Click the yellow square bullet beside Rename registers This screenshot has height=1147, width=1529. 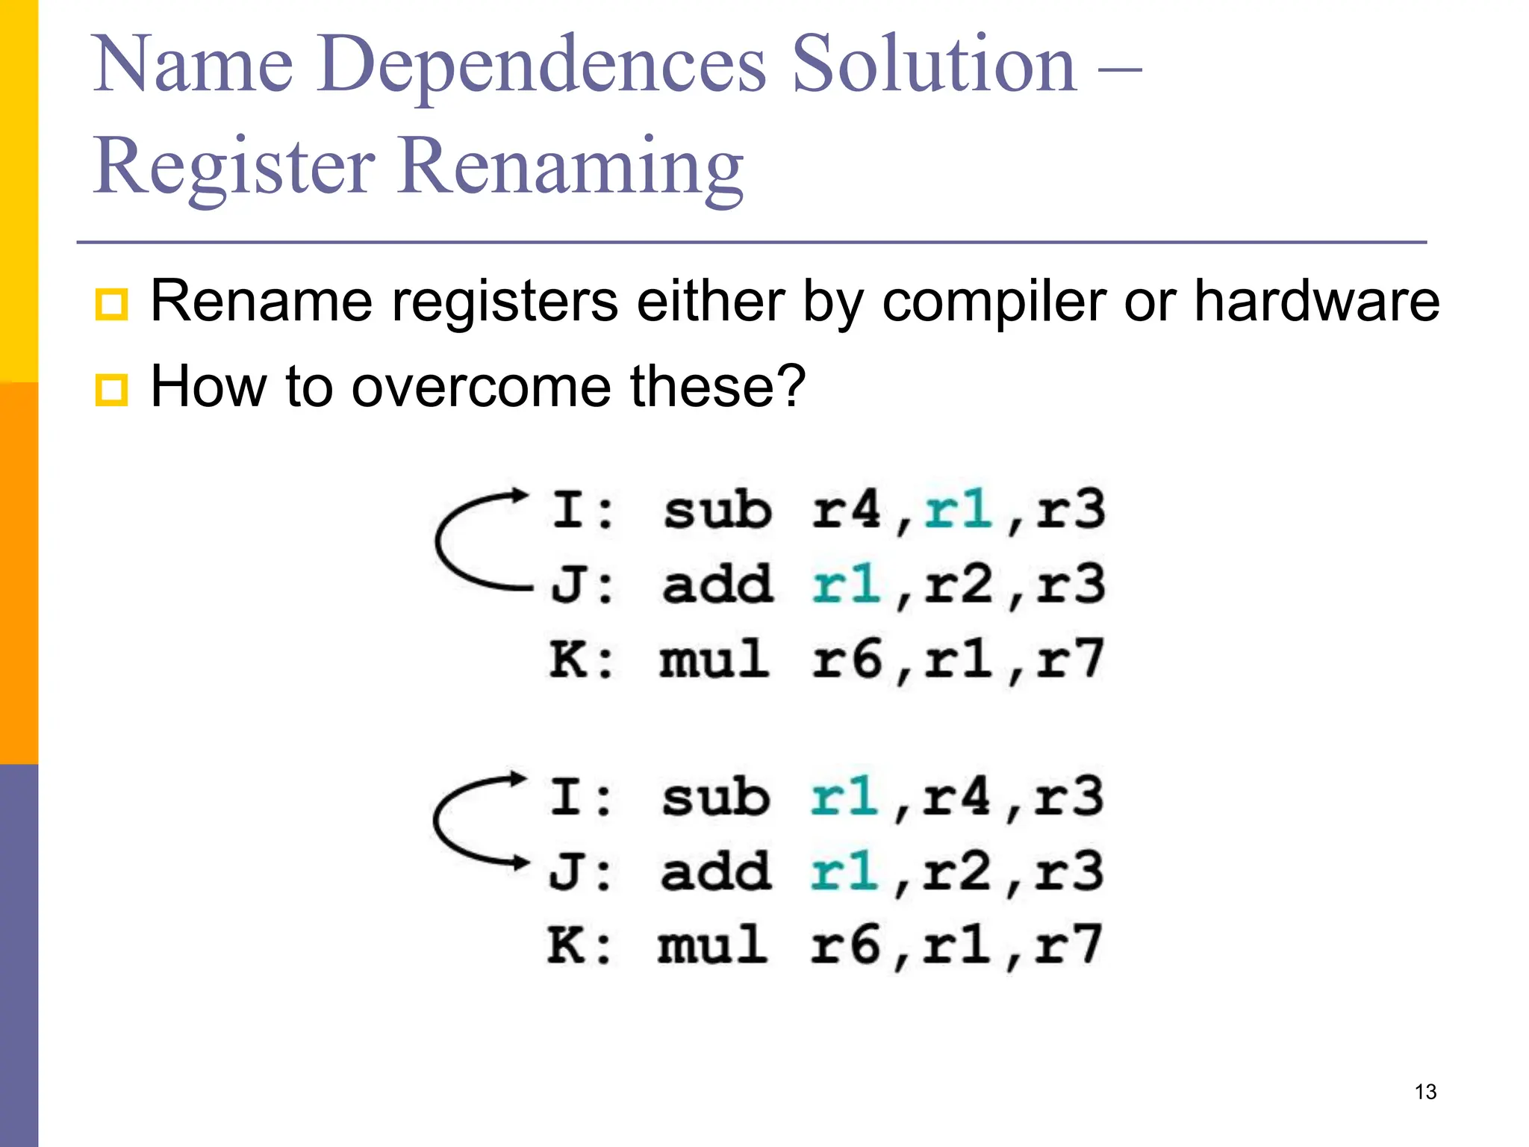111,304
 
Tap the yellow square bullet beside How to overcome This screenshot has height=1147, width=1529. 111,389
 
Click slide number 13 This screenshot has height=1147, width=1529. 1425,1092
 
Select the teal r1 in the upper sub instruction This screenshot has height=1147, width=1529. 958,510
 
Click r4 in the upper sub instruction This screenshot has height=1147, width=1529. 847,510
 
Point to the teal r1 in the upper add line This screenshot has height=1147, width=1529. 847,585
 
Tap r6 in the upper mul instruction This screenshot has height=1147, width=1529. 847,659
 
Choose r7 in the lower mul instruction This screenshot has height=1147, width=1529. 1068,945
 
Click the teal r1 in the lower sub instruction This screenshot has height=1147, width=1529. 844,797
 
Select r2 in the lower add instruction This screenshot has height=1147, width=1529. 956,871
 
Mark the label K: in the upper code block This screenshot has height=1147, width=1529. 581,659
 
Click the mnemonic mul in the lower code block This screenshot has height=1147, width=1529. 712,945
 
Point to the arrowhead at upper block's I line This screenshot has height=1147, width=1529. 518,495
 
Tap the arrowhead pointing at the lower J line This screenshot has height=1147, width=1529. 518,863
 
